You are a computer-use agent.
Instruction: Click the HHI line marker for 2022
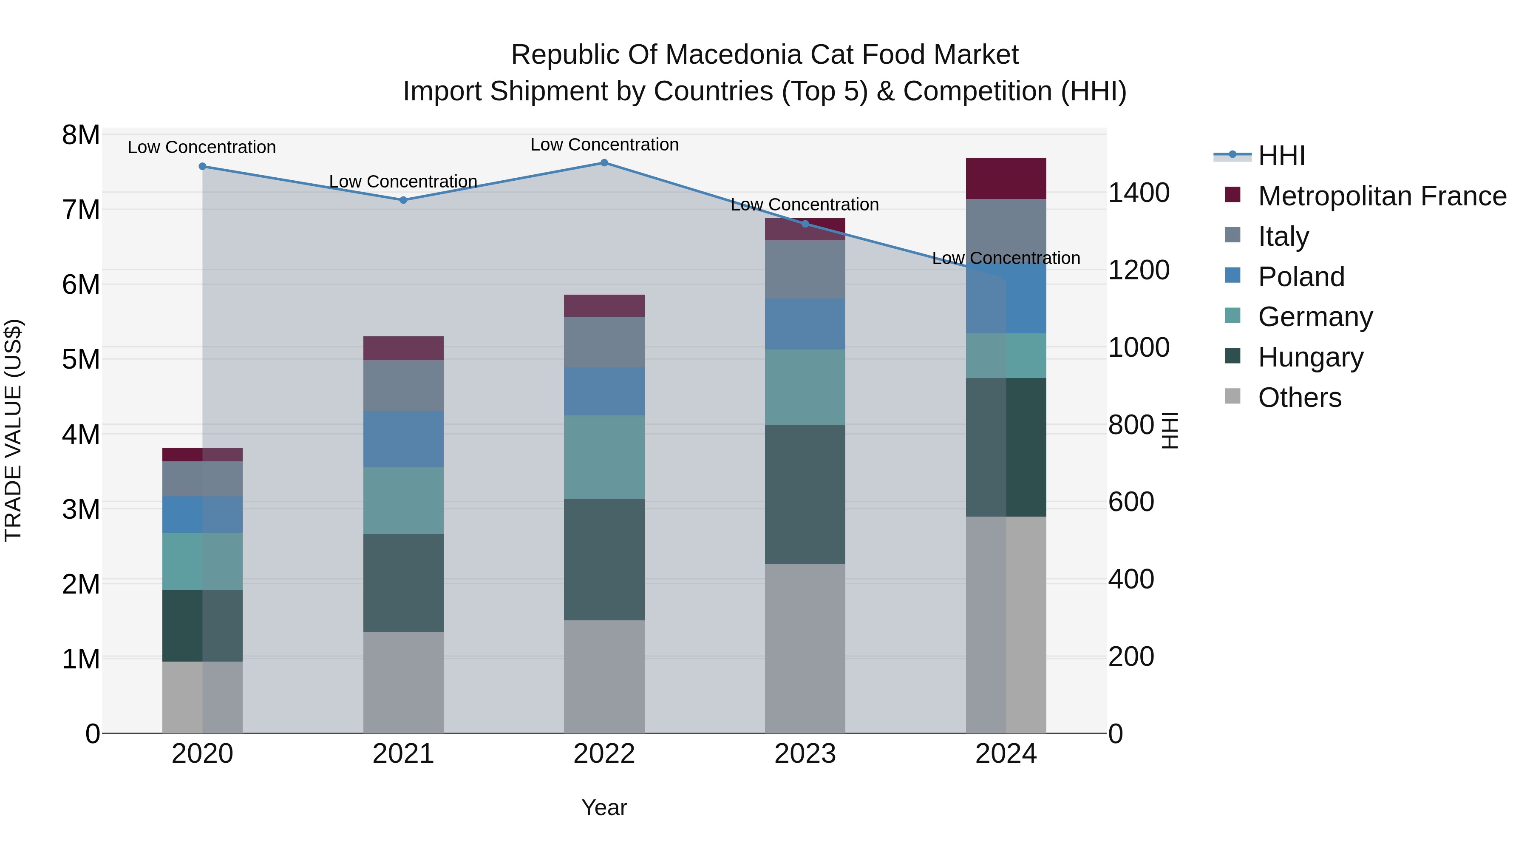604,163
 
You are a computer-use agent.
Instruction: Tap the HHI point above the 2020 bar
203,166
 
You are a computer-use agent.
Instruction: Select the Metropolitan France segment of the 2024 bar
1006,178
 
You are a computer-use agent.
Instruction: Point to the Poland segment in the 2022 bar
604,391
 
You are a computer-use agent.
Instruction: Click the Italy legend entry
1283,236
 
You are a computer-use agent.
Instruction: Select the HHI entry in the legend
1281,156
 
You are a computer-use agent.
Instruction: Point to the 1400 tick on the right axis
1139,193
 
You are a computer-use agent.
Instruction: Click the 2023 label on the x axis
805,754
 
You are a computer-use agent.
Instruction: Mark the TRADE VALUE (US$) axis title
14,430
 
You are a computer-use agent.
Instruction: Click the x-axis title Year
604,807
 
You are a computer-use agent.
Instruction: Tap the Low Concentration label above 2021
403,181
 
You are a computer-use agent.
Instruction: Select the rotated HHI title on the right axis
1169,430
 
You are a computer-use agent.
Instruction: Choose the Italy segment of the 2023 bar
805,269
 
